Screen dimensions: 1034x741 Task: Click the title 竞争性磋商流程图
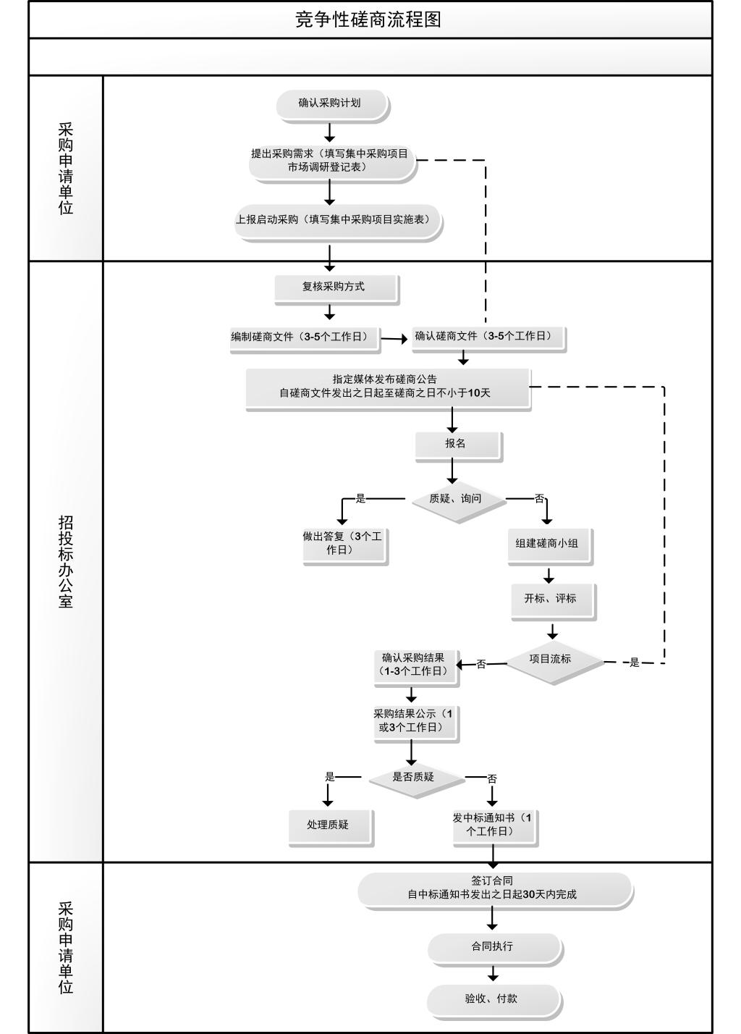(369, 20)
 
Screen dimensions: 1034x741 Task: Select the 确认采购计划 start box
(331, 104)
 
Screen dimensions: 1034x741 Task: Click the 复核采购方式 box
(335, 287)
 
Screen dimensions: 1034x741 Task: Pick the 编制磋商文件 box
(305, 337)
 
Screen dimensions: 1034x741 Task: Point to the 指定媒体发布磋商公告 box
(387, 387)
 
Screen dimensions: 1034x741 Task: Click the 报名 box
(457, 445)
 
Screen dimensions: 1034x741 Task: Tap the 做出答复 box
(344, 544)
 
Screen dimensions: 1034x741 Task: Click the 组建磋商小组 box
(549, 544)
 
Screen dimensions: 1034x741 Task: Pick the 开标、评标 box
(552, 600)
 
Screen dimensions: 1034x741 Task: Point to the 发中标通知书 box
(494, 825)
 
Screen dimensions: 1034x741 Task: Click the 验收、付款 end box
(493, 1000)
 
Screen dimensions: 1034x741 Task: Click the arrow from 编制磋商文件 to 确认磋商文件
(395, 338)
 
